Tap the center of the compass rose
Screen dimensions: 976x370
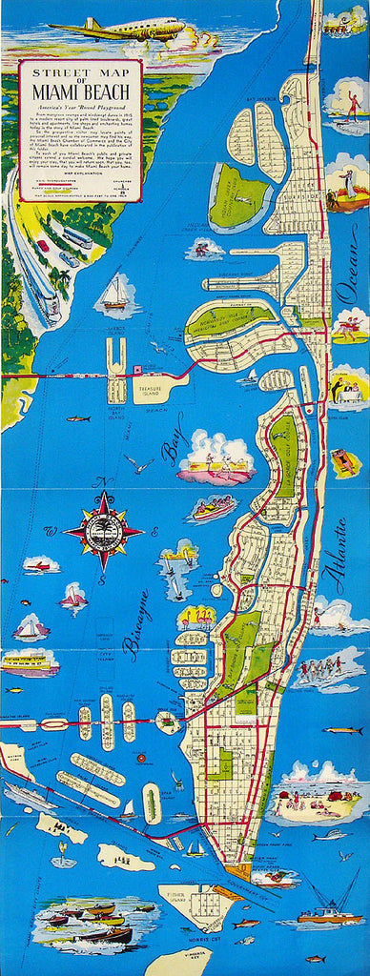tap(103, 530)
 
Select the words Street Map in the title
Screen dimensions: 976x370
tap(80, 71)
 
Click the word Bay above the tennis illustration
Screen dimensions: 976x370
tap(172, 447)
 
